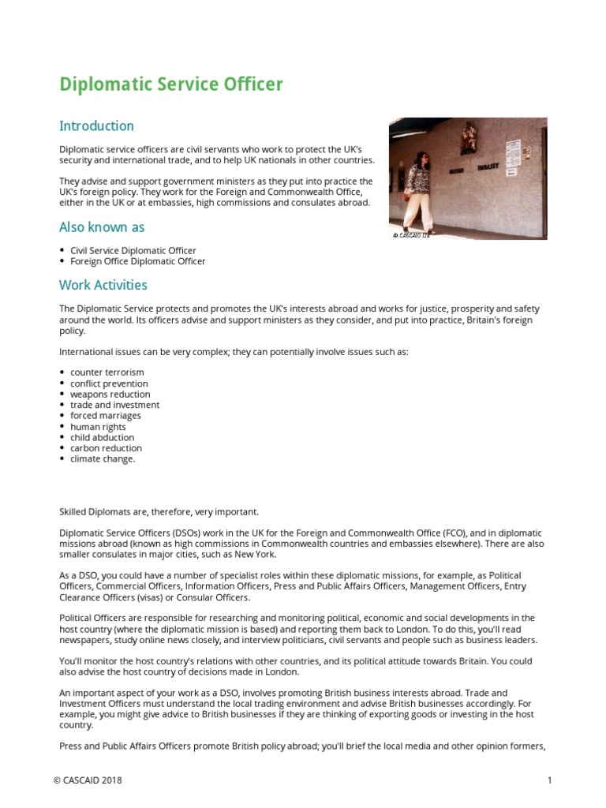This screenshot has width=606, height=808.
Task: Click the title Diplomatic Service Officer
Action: (170, 84)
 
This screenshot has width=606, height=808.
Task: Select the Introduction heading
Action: (96, 126)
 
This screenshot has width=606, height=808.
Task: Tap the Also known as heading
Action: (102, 227)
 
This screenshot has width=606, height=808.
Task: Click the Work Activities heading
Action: (103, 285)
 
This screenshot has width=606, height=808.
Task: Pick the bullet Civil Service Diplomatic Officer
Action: (133, 251)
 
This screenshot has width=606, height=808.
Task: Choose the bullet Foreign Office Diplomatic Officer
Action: (137, 261)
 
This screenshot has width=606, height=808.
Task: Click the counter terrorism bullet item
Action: (107, 372)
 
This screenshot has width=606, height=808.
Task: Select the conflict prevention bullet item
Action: (109, 383)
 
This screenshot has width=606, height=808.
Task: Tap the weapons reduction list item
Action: (110, 394)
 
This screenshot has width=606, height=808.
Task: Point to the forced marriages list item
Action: (106, 416)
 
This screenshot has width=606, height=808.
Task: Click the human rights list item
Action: (98, 427)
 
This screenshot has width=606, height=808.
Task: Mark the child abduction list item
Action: (102, 437)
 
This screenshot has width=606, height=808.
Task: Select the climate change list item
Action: (103, 459)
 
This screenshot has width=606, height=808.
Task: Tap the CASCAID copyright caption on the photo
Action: (410, 235)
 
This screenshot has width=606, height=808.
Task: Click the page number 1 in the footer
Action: (549, 780)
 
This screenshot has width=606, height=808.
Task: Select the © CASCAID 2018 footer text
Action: (88, 780)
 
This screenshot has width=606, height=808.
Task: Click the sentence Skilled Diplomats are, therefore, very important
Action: (159, 512)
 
